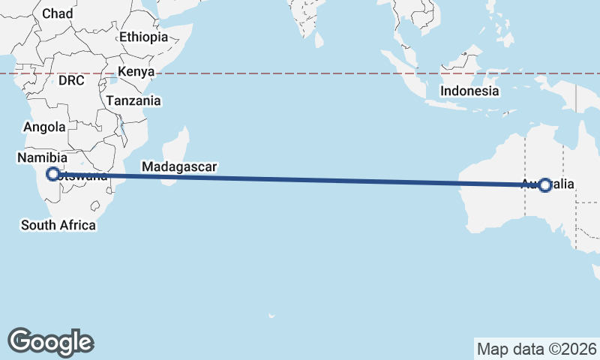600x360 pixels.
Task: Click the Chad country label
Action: pyautogui.click(x=58, y=13)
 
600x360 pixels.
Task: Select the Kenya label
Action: pyautogui.click(x=135, y=72)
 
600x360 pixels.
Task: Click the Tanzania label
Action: pyautogui.click(x=133, y=100)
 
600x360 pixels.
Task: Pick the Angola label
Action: pyautogui.click(x=44, y=127)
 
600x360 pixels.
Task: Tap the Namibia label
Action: pyautogui.click(x=43, y=157)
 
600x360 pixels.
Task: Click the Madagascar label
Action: pyautogui.click(x=179, y=166)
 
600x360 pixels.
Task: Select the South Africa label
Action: pyautogui.click(x=58, y=225)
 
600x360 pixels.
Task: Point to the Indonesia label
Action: pyautogui.click(x=469, y=91)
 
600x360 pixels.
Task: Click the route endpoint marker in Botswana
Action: pyautogui.click(x=52, y=174)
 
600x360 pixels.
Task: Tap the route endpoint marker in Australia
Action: pyautogui.click(x=545, y=185)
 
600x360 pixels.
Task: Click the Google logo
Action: pyautogui.click(x=51, y=341)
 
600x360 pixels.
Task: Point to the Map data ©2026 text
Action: pyautogui.click(x=536, y=349)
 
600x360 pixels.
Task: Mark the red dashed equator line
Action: pyautogui.click(x=300, y=73)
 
